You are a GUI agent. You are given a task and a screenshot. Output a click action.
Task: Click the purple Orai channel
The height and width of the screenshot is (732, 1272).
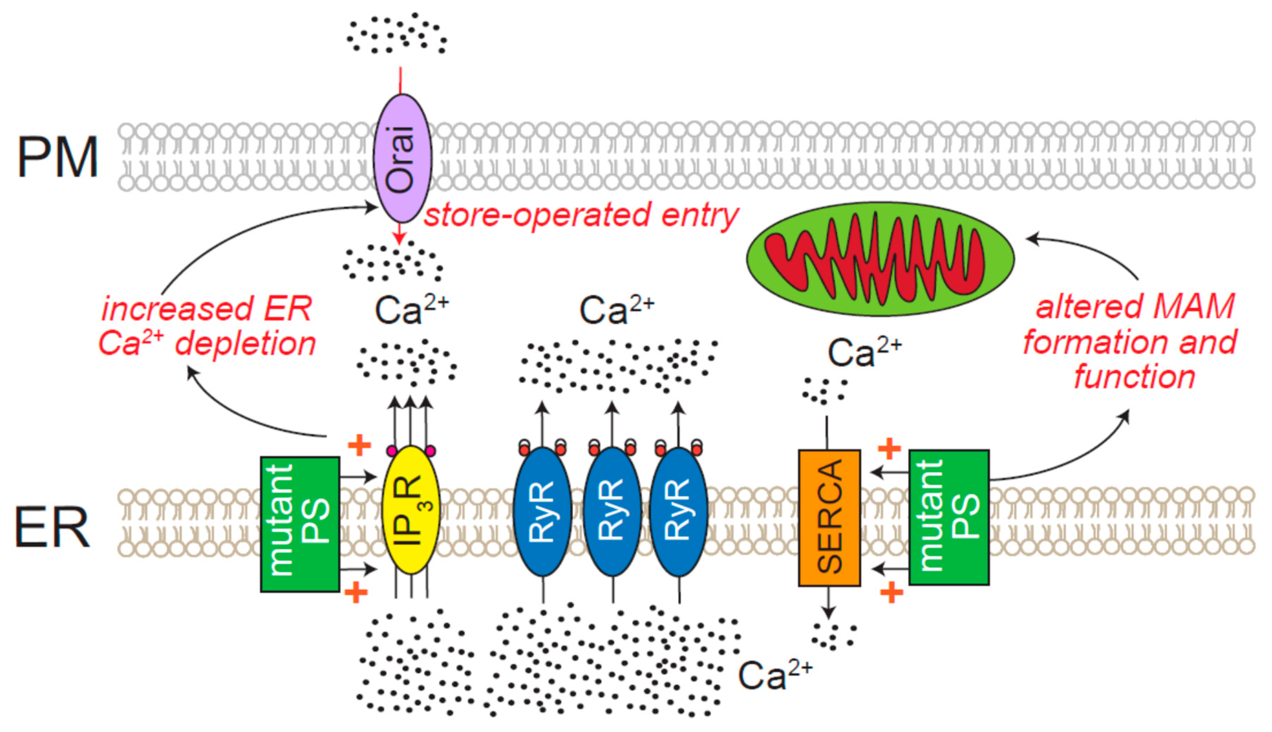(402, 158)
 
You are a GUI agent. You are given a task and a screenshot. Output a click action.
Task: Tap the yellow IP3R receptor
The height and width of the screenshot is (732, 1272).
(411, 510)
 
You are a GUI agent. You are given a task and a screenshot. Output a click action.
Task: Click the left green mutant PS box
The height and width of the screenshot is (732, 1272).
(300, 524)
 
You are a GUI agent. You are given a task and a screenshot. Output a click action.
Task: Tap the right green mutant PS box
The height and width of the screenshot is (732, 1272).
(948, 517)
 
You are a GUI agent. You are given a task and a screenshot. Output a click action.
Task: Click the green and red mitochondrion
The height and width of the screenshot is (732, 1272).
(880, 259)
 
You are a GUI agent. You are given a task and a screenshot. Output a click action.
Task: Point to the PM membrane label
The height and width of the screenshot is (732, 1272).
(58, 157)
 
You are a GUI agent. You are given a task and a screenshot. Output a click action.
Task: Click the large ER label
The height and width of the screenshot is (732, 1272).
(52, 527)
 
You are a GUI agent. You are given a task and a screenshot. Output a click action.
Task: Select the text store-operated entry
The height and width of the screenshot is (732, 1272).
(581, 215)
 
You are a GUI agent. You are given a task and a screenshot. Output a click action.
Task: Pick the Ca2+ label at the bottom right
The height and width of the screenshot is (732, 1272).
(774, 675)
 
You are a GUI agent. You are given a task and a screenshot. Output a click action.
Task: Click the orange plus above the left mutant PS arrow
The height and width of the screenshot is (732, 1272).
(359, 445)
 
